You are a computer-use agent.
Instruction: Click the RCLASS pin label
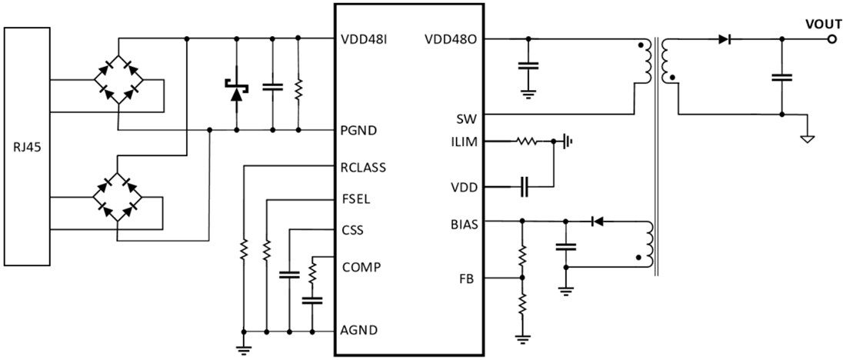point(363,166)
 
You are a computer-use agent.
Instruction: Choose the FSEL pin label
point(356,198)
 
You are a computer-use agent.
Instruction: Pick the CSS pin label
point(352,231)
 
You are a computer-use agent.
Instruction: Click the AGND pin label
point(358,331)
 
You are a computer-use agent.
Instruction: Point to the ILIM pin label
point(464,142)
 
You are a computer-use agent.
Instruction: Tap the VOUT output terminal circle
point(831,38)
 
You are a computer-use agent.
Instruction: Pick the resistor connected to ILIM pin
point(527,142)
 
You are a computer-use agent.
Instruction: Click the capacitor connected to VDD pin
point(524,185)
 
